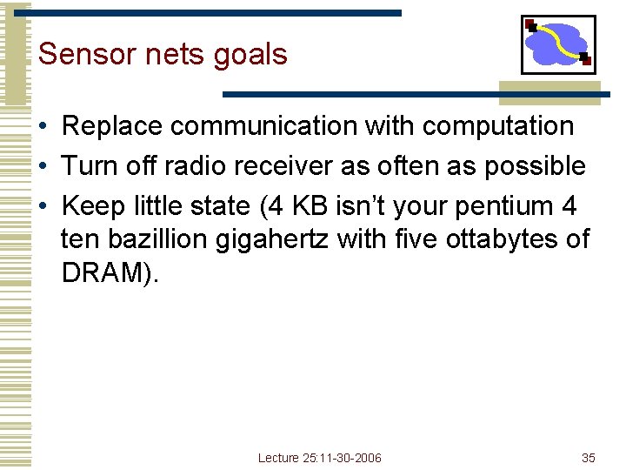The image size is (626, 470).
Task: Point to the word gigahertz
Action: (279, 238)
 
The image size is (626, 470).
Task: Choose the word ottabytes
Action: (508, 238)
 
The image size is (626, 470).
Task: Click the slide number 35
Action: (589, 458)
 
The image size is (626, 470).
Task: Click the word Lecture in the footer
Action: (278, 458)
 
